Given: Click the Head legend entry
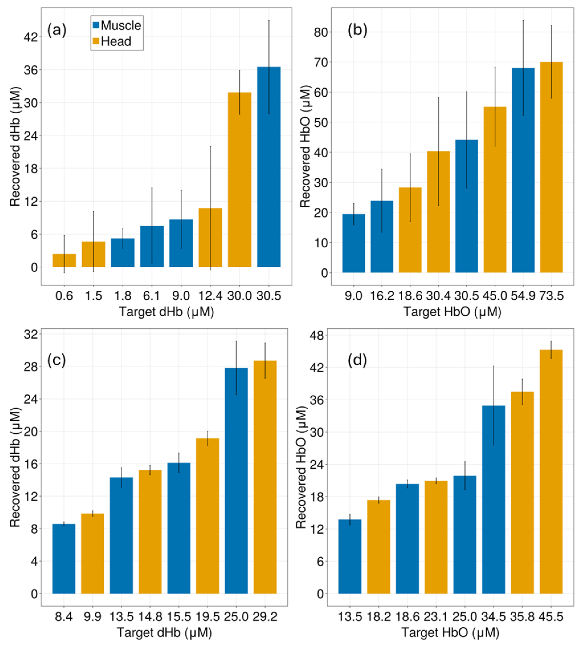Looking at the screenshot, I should (x=112, y=41).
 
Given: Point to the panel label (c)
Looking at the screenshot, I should (x=56, y=360).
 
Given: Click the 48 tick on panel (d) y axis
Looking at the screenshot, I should (x=316, y=335).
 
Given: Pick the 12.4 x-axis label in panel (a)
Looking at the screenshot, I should (x=210, y=296).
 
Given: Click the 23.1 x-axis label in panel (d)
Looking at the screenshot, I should (x=436, y=617).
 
